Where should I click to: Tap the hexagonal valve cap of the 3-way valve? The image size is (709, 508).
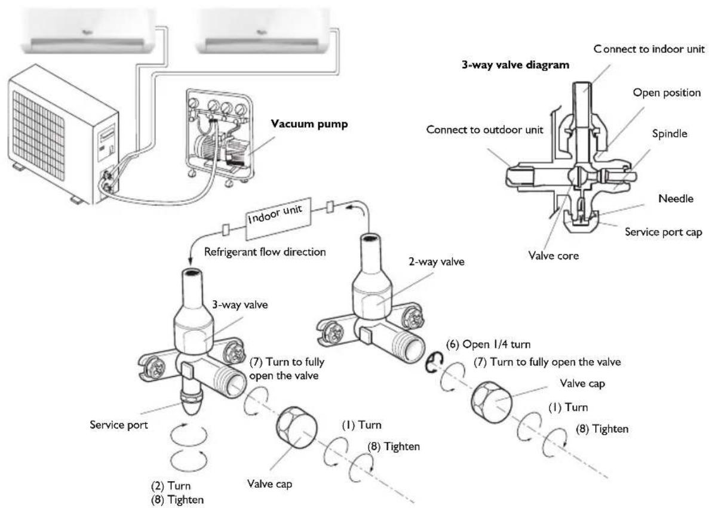[x=296, y=430]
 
